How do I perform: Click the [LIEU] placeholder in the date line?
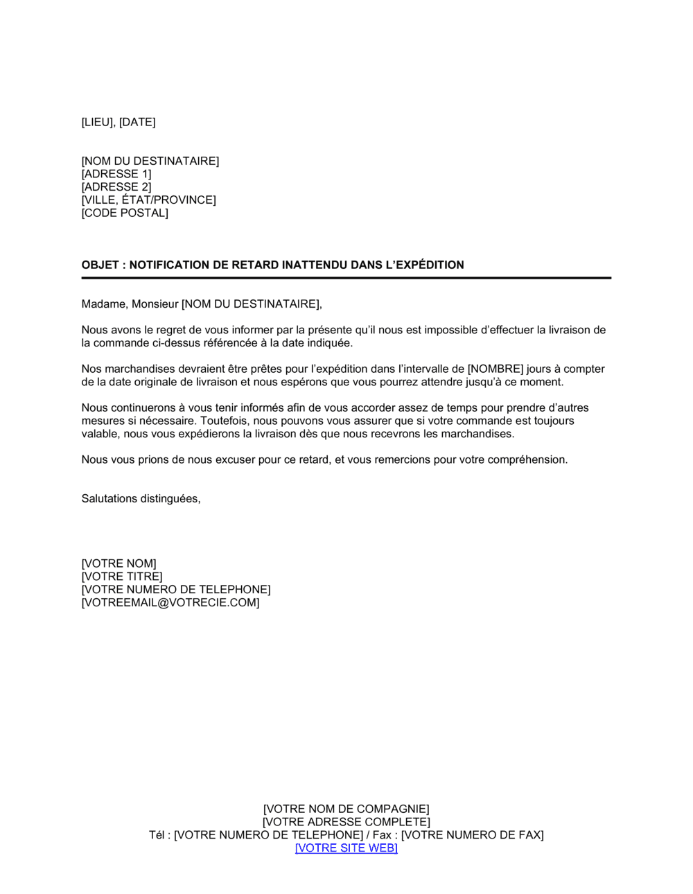click(97, 122)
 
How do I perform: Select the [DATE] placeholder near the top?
click(137, 122)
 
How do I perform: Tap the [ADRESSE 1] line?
click(116, 174)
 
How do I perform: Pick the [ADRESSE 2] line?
click(116, 187)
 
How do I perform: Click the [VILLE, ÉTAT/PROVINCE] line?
click(148, 200)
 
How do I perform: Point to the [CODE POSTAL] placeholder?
click(125, 213)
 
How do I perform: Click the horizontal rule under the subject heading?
click(346, 278)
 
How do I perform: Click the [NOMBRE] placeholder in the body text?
click(495, 369)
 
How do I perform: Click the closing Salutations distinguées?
click(141, 499)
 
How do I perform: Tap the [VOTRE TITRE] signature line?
click(122, 577)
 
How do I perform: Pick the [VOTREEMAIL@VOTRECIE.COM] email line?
click(170, 603)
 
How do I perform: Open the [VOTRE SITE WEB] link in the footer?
click(346, 848)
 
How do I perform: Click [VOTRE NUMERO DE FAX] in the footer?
click(473, 835)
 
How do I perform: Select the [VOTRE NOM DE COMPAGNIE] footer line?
click(346, 809)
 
